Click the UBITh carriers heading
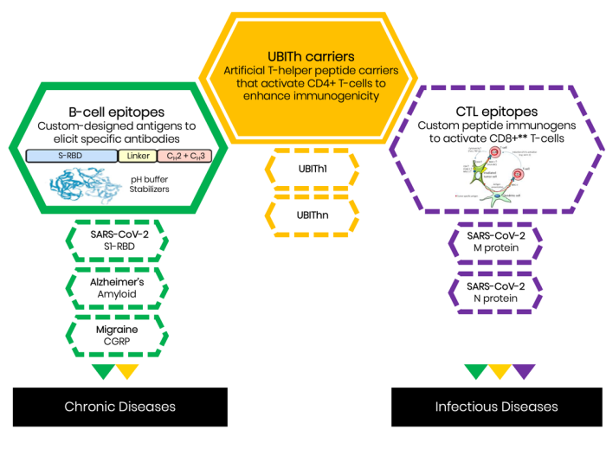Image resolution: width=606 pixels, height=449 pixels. pos(304,57)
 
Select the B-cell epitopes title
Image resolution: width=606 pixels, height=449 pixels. pos(116,112)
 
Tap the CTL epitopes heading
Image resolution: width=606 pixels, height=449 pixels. pos(496,112)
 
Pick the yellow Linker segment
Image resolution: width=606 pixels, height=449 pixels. pos(138,156)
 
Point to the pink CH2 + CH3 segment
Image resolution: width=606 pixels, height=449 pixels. pos(183,156)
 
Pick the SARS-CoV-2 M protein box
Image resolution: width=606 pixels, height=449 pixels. pos(495,244)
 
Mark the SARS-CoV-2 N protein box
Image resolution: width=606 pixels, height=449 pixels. pos(495,292)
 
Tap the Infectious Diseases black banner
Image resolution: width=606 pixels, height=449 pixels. pos(496,406)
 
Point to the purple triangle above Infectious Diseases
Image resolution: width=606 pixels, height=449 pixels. pos(524,371)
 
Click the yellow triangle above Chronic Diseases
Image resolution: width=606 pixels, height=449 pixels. pos(126,371)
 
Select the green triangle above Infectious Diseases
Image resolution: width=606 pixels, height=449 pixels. pos(475,371)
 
